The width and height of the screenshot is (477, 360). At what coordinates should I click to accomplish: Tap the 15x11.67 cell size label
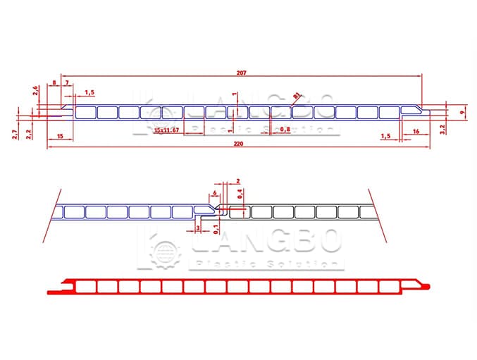coord(167,130)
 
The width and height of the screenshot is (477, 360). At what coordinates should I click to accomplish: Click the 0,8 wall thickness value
coord(285,130)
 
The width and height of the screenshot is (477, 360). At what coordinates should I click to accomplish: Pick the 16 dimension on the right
coord(415,132)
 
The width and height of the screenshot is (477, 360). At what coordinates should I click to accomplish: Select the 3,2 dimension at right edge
coord(442,128)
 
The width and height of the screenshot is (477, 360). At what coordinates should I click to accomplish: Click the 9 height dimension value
coord(462,112)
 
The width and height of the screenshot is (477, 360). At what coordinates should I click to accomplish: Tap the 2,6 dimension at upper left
coord(35,90)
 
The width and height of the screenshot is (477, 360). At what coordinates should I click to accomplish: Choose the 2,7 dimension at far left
coord(16,134)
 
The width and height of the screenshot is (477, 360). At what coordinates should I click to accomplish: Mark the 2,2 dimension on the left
coord(29,132)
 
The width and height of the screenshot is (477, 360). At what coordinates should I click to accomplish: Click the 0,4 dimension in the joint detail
coord(240,193)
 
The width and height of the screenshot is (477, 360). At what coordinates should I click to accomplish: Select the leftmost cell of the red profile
coord(85,286)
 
